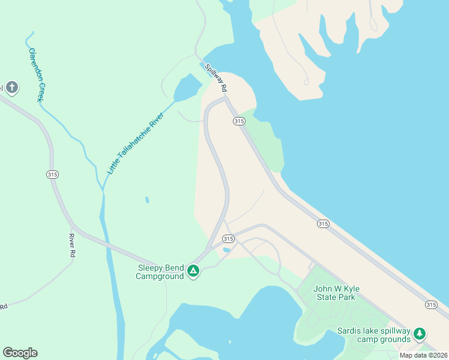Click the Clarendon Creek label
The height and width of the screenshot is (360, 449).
34,74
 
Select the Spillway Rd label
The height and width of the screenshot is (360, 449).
215,78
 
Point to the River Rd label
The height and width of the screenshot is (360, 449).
71,245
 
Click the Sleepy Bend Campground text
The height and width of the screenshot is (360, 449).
160,272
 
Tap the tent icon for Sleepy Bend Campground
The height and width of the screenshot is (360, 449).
193,272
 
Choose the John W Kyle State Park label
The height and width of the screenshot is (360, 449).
334,293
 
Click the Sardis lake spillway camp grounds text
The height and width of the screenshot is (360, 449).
373,335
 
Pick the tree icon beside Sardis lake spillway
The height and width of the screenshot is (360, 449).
420,333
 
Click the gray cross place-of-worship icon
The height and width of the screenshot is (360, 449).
11,88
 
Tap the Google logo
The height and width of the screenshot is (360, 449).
20,353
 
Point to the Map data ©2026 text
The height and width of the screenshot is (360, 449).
423,355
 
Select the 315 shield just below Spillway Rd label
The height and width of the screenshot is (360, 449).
239,121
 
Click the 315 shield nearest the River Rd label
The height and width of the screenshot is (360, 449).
52,174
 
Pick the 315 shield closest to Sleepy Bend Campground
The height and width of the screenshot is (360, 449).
228,238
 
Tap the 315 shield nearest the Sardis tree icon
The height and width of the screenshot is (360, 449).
431,305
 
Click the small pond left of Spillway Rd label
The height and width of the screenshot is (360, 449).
187,88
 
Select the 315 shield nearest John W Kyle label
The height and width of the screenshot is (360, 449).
323,224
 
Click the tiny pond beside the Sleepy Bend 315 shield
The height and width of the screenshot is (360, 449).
226,250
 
